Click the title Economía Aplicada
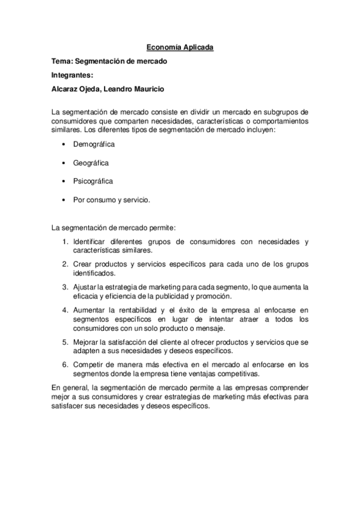180,47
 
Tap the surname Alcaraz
67,89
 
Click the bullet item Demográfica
94,144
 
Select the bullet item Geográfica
91,162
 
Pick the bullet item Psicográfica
93,180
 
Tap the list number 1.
65,242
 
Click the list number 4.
65,309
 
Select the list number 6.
65,364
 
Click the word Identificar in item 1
91,242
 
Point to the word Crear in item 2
83,265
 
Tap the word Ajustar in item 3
85,287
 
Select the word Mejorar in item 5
87,342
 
